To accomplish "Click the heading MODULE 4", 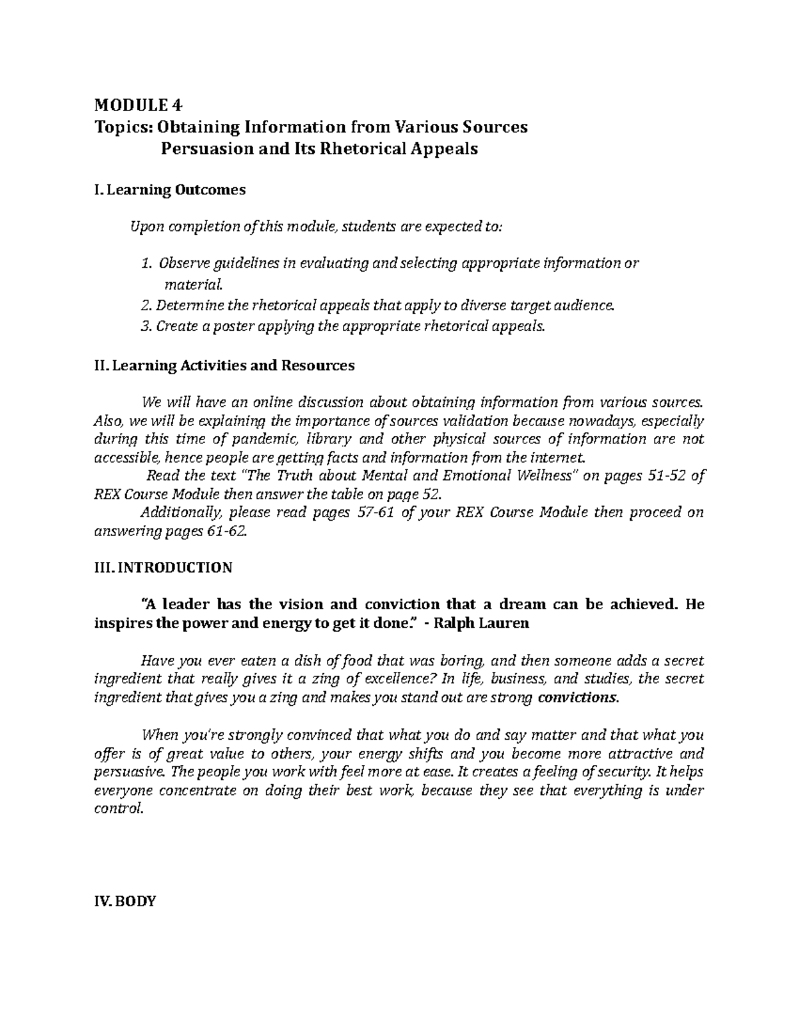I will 138,105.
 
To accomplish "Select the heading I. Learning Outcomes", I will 170,190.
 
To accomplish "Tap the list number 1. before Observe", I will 147,264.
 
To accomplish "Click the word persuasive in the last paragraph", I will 128,772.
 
